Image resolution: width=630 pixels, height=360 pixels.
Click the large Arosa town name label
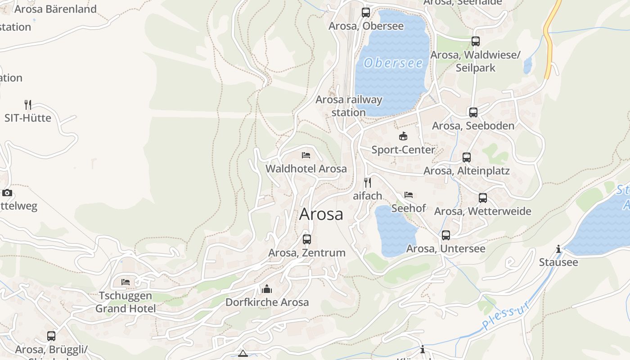tap(321, 214)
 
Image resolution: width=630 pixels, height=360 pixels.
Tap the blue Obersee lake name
tap(393, 63)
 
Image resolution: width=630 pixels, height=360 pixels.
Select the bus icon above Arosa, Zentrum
tap(307, 239)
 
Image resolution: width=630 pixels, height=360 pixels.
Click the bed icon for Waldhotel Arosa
tap(306, 155)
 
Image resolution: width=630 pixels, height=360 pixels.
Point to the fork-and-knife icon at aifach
tap(368, 182)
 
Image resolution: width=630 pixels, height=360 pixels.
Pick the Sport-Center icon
tap(403, 136)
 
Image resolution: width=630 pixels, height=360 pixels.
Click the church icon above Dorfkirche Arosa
tap(267, 289)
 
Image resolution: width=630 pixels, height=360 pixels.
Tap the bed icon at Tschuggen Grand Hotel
tap(126, 282)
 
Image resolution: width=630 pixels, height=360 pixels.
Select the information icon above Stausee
tap(558, 249)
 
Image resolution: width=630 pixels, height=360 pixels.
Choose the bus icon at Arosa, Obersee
tap(366, 13)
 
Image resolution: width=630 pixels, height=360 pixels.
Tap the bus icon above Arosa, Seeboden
tap(473, 112)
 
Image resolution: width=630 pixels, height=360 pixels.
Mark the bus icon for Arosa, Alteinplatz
tap(467, 157)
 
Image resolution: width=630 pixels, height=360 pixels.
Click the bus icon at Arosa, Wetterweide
tap(483, 198)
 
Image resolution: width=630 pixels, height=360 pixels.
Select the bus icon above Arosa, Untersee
tap(446, 235)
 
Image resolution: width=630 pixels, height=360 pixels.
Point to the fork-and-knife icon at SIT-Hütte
tap(28, 105)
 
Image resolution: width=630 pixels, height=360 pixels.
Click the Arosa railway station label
tap(349, 106)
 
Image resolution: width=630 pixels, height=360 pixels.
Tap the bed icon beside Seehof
tap(409, 195)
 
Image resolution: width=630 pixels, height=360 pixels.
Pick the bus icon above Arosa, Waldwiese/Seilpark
tap(476, 41)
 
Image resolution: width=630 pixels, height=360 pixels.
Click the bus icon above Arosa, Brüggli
tap(51, 336)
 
